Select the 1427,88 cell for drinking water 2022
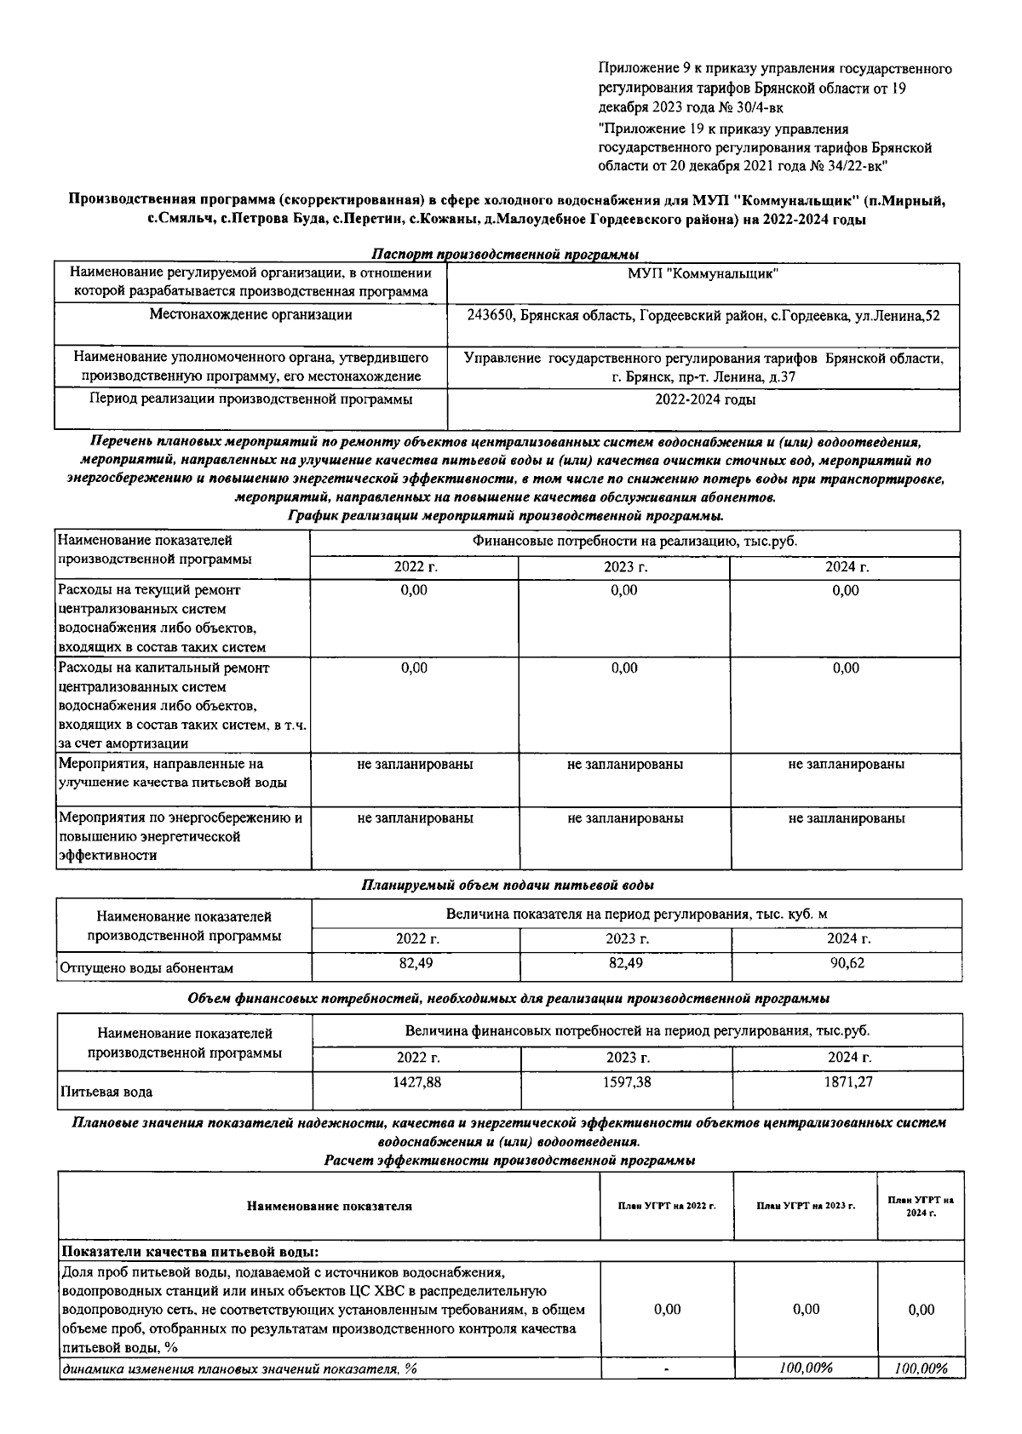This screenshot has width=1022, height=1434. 416,1081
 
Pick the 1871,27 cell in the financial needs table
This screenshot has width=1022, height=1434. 848,1081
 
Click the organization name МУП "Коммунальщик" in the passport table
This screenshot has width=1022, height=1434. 703,273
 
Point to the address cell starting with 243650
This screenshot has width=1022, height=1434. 703,315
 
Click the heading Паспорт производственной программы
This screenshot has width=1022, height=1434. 506,254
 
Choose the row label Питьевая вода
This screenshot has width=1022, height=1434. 106,1092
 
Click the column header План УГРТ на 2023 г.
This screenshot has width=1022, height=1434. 806,1206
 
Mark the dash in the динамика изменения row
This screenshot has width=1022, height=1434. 667,1369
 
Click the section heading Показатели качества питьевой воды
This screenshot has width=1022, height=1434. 190,1252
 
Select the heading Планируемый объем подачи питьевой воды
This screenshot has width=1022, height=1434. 508,886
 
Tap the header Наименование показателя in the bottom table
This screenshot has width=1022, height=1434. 329,1206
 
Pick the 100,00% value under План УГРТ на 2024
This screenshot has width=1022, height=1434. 921,1368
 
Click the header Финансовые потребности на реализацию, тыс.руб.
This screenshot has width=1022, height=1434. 635,542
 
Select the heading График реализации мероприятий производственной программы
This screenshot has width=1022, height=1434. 506,516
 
